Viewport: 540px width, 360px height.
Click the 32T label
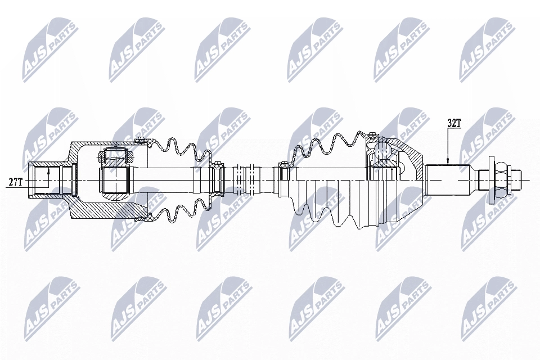(x=454, y=124)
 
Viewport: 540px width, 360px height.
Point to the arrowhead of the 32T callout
(x=448, y=161)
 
